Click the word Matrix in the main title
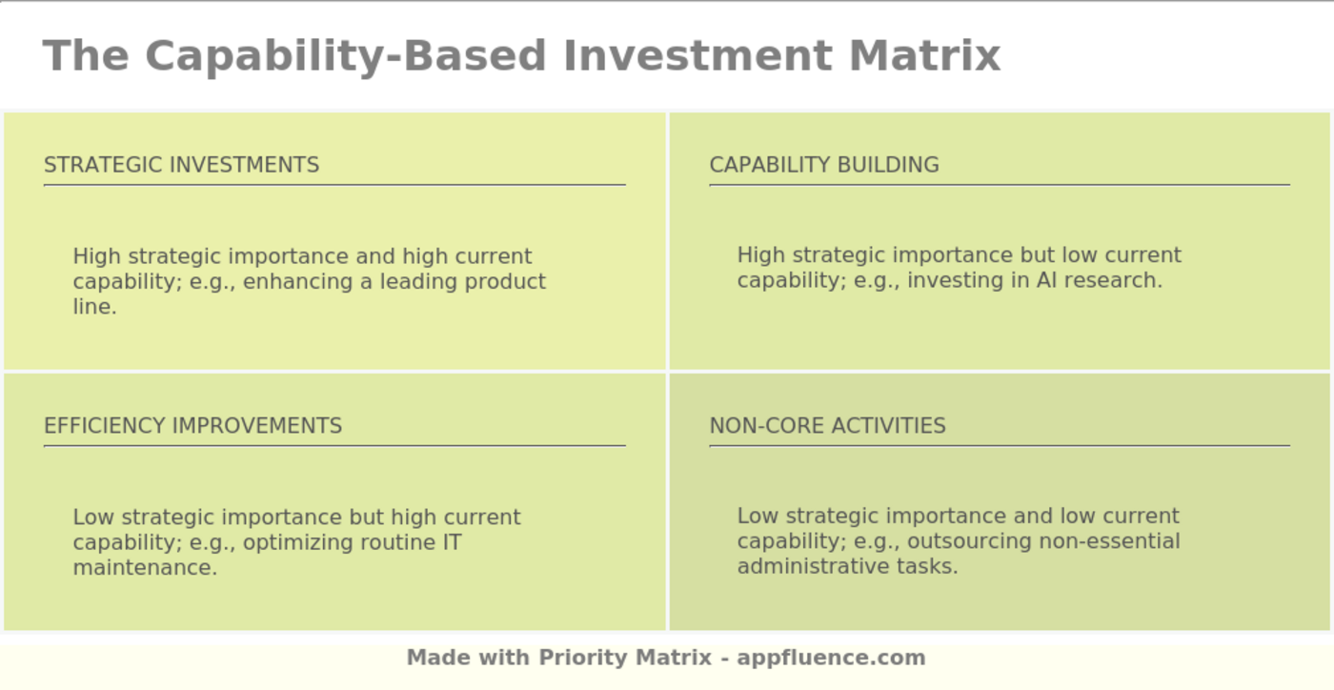(x=924, y=55)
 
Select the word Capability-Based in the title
(x=345, y=55)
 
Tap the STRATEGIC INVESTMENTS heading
(x=181, y=165)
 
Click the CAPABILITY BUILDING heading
(x=824, y=165)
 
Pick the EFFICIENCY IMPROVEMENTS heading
(x=192, y=426)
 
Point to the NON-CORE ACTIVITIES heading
(x=827, y=426)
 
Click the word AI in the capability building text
(x=1046, y=281)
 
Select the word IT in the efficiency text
(x=451, y=543)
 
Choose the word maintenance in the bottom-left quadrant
(x=144, y=568)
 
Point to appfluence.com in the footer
(x=831, y=658)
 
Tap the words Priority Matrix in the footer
(x=625, y=658)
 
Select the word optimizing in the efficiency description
(x=296, y=543)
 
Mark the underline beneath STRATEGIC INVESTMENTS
(x=334, y=185)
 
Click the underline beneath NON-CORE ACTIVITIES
(x=999, y=445)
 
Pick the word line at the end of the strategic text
(x=93, y=307)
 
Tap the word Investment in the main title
(x=697, y=55)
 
